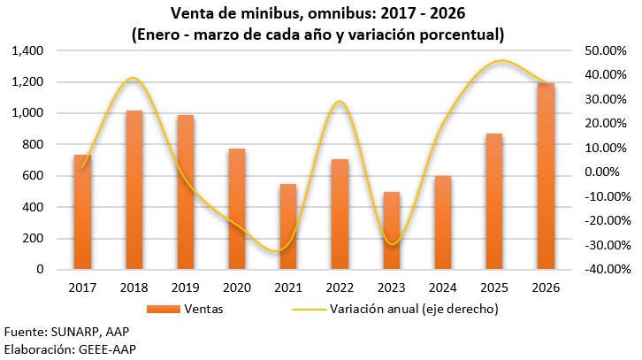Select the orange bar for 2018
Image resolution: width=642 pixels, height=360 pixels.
[x=134, y=189]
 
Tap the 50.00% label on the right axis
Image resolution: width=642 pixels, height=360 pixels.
[x=607, y=51]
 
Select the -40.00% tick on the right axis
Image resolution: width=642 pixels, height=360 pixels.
[x=605, y=270]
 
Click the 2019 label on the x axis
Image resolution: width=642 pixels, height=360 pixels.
[x=186, y=287]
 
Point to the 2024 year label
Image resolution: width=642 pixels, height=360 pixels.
[x=443, y=287]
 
